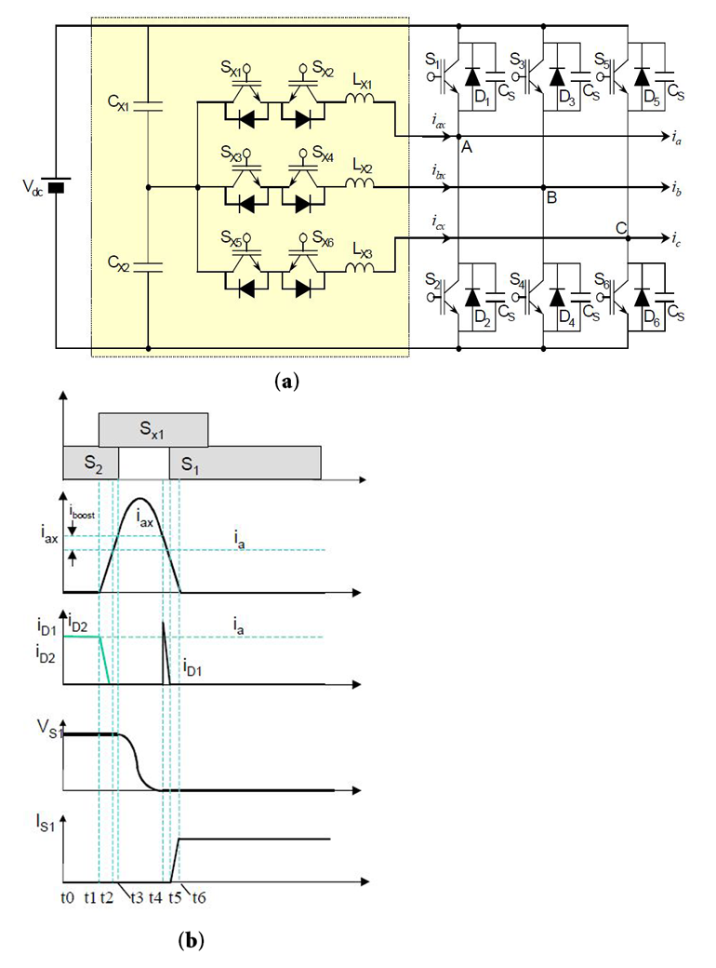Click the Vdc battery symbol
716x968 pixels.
coord(56,187)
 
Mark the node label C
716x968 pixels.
coord(620,227)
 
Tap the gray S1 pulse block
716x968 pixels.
coord(245,463)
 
